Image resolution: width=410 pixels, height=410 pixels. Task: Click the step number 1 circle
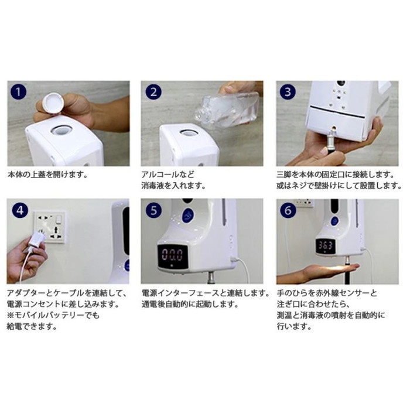(x=19, y=93)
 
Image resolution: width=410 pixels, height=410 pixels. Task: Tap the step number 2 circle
(x=153, y=93)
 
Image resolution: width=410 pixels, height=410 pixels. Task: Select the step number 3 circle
(x=288, y=93)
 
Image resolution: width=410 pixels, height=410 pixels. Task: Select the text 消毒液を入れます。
(x=173, y=186)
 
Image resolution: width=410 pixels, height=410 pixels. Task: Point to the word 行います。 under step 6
(x=293, y=326)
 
